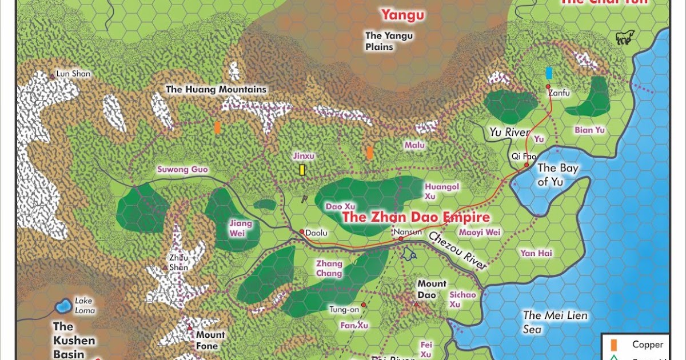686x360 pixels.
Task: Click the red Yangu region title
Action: (403, 15)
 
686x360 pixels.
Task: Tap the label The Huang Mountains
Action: (216, 89)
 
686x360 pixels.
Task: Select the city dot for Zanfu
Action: (548, 86)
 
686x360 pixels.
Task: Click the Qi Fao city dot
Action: (527, 165)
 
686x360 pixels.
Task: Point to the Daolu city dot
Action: (301, 231)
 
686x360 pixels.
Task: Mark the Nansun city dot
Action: (401, 238)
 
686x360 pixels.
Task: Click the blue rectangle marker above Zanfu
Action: (549, 73)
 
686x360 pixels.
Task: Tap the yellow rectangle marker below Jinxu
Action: (301, 170)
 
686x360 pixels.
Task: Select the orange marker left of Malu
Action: (370, 153)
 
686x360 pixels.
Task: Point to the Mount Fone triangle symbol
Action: (190, 328)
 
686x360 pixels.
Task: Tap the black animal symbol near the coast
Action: (624, 38)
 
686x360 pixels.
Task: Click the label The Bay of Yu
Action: (557, 174)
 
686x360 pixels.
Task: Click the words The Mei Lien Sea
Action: (555, 322)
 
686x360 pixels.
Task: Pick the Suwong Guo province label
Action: (183, 169)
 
